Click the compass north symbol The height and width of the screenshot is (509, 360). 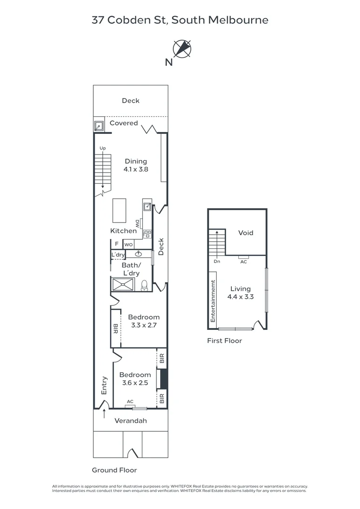click(182, 49)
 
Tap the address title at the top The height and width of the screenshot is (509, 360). click(180, 20)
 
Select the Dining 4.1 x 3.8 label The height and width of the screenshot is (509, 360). click(136, 165)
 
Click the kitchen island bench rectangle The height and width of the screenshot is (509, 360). click(119, 210)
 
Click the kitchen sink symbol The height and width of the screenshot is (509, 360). click(147, 205)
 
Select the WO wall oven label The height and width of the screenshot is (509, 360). click(128, 245)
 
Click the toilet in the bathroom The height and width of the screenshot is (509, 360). click(144, 286)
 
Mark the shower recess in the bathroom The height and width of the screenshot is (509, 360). click(123, 285)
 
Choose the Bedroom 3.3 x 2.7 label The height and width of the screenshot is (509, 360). click(144, 321)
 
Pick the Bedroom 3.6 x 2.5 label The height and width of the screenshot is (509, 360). click(135, 379)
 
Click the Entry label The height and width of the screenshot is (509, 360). click(105, 386)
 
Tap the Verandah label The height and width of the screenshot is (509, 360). click(131, 420)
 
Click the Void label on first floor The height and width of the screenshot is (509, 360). click(245, 233)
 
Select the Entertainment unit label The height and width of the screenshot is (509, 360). click(213, 302)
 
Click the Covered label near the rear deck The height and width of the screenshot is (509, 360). click(123, 123)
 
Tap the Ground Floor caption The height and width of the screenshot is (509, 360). click(114, 470)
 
